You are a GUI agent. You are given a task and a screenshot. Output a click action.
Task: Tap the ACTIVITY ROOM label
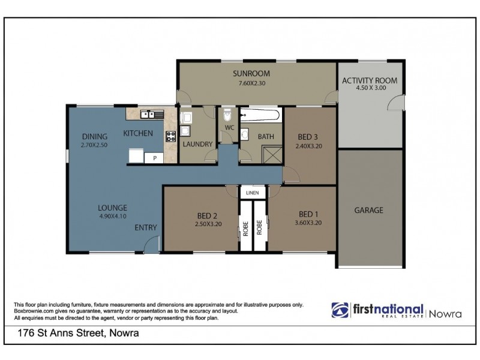tap(369, 81)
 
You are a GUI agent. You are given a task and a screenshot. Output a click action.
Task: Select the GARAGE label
tap(368, 210)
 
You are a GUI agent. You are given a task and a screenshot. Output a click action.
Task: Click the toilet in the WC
tap(227, 115)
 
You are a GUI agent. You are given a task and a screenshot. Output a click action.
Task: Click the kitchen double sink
tap(148, 114)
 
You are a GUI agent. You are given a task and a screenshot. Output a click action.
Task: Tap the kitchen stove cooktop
tap(170, 135)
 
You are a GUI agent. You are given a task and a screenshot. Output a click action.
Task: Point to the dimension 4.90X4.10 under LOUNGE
tap(113, 218)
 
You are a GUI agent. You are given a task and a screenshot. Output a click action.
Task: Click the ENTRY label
tap(146, 227)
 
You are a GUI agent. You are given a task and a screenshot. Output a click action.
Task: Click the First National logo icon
tap(340, 310)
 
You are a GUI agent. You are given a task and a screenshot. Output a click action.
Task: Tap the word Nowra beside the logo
tap(445, 313)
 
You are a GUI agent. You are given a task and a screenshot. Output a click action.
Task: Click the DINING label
tap(95, 136)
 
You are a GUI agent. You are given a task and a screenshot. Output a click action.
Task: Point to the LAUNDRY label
tap(197, 144)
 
